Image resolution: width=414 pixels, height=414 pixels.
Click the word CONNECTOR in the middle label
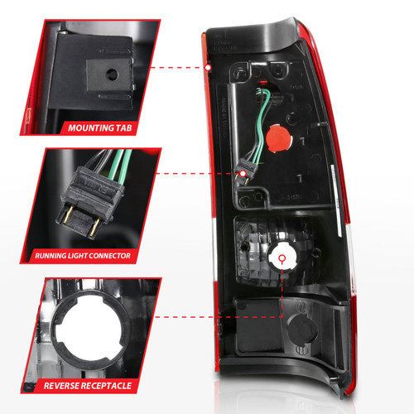pyautogui.click(x=108, y=258)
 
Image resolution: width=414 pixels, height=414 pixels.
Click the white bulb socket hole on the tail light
pyautogui.click(x=282, y=260)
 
